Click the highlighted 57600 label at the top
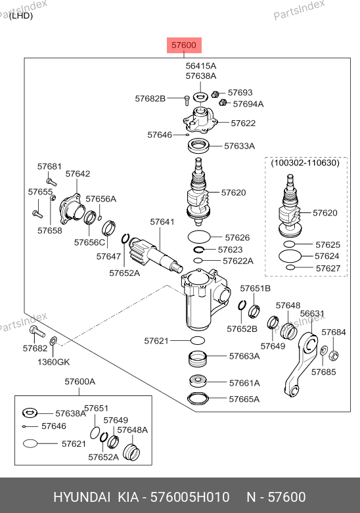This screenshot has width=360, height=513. [184, 45]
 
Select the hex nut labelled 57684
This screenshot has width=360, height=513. [333, 355]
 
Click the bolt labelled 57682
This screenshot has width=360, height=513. [37, 332]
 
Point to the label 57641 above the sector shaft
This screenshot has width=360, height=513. [162, 222]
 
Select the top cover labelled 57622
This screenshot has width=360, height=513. [200, 120]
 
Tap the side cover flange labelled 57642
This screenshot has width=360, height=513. [72, 208]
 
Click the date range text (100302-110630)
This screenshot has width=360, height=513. [305, 163]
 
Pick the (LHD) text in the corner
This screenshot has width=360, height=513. [21, 15]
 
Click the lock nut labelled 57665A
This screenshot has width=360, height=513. [198, 398]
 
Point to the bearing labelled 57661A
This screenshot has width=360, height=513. [198, 381]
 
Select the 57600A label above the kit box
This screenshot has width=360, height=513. [80, 382]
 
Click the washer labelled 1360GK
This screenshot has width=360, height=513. [53, 342]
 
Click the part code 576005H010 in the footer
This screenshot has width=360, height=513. [190, 497]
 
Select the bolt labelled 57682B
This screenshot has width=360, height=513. [187, 99]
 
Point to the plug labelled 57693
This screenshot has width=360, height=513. [215, 94]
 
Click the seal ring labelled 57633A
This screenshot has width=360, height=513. [198, 146]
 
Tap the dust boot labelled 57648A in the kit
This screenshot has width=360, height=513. [131, 451]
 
